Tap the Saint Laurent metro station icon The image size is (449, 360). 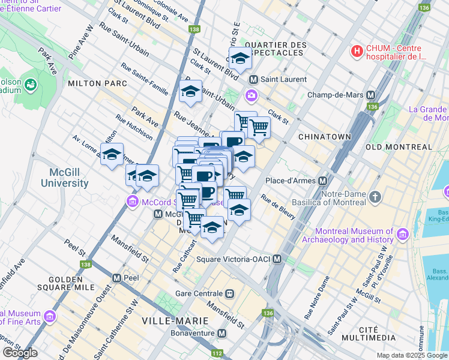pyautogui.click(x=254, y=79)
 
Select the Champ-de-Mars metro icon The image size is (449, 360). pyautogui.click(x=370, y=95)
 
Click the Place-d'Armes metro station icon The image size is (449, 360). pyautogui.click(x=322, y=181)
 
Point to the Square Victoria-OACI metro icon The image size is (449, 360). pyautogui.click(x=277, y=259)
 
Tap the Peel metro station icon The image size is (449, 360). pyautogui.click(x=117, y=278)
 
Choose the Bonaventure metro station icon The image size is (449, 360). pyautogui.click(x=222, y=333)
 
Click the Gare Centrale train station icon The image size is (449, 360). pyautogui.click(x=229, y=294)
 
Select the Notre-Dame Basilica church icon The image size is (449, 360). pyautogui.click(x=375, y=196)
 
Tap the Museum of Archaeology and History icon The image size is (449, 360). pyautogui.click(x=403, y=233)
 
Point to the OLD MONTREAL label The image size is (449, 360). pyautogui.click(x=398, y=147)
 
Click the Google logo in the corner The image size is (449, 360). pyautogui.click(x=19, y=353)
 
